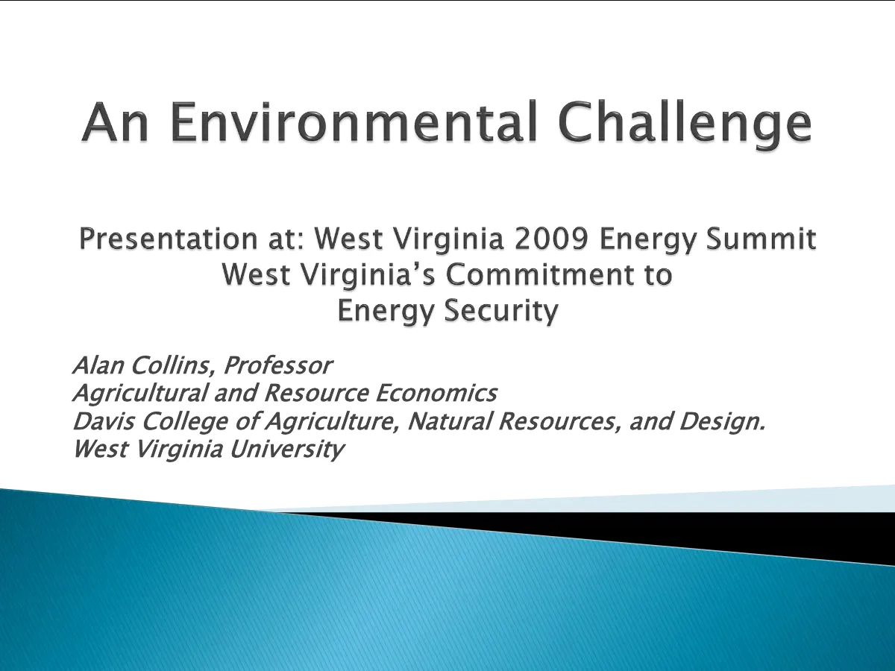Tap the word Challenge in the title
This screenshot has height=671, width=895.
tap(684, 125)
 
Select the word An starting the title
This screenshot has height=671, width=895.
tap(115, 122)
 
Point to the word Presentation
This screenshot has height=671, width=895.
tap(169, 239)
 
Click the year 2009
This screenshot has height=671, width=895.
tap(551, 239)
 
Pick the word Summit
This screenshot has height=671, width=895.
tap(761, 239)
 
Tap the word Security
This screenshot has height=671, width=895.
tap(501, 311)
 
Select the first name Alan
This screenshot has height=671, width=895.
tap(98, 365)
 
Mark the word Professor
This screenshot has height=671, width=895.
tap(278, 365)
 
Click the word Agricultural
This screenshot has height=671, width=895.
tap(141, 394)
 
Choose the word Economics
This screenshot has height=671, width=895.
tap(436, 393)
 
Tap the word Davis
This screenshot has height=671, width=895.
tap(104, 420)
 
